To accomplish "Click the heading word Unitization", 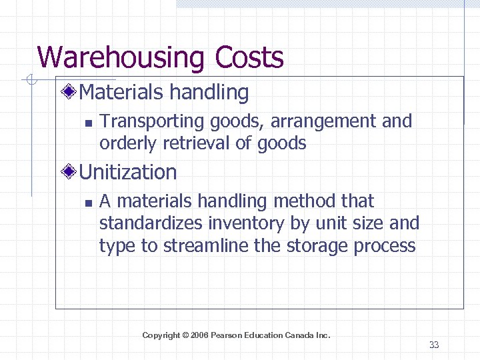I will [128, 173].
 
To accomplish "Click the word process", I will [385, 245].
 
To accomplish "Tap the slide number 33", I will [434, 345].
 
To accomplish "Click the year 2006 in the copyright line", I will [199, 335].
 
